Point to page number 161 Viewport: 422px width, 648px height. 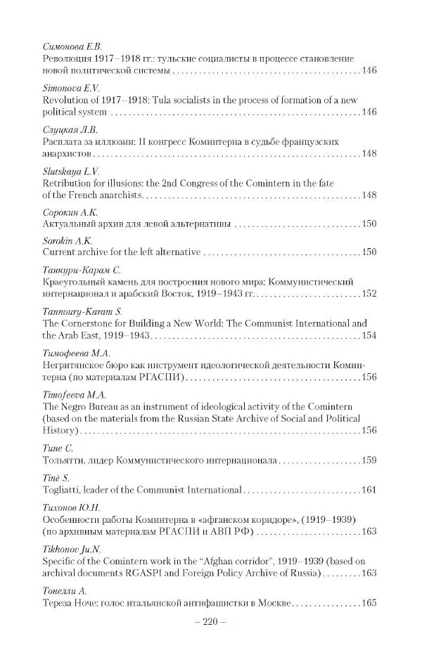tap(369, 489)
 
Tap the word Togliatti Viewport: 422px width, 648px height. tap(63, 489)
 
